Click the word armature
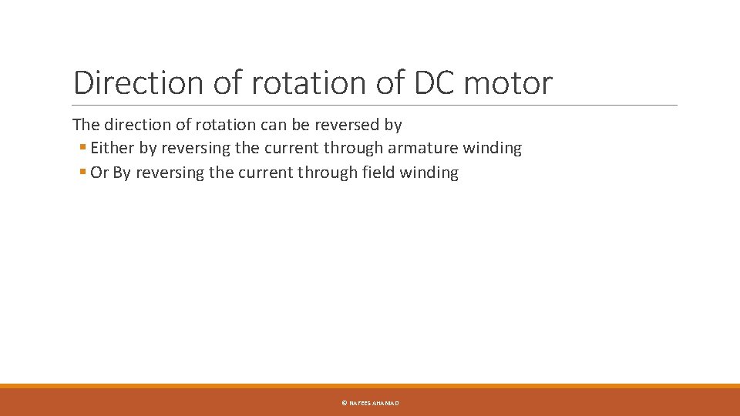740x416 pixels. point(422,148)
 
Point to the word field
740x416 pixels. point(378,173)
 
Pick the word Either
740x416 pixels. point(113,148)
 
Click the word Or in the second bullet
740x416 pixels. point(99,173)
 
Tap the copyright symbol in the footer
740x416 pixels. point(344,403)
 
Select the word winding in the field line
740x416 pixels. point(429,173)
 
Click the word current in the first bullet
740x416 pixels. point(291,148)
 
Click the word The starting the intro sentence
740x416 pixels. point(86,124)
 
